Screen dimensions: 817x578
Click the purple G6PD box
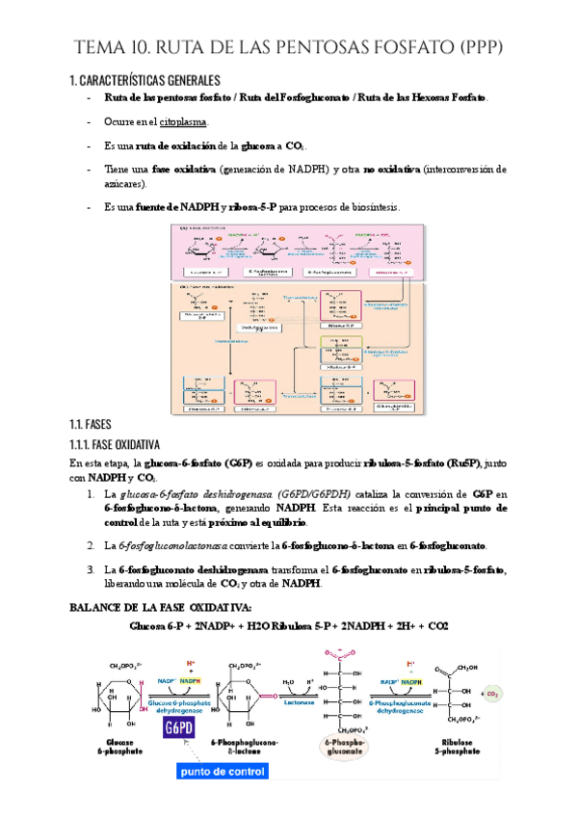pos(180,727)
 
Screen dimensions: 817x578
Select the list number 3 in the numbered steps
pos(90,570)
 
